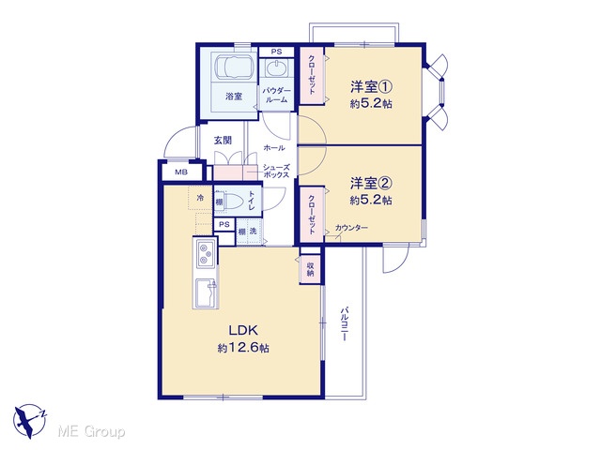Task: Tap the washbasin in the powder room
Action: click(276, 69)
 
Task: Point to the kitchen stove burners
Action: click(206, 254)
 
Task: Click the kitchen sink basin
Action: click(206, 292)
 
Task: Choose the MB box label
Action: click(181, 172)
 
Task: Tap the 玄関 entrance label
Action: click(223, 140)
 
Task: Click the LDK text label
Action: click(243, 330)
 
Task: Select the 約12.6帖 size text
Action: click(243, 348)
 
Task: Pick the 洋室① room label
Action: click(371, 87)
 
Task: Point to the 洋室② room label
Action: click(371, 184)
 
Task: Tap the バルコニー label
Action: click(345, 323)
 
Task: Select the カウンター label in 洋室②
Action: click(351, 228)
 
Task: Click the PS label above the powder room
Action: click(276, 52)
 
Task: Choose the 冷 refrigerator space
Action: click(200, 198)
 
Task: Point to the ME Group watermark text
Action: click(91, 431)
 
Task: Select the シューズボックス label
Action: click(276, 171)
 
